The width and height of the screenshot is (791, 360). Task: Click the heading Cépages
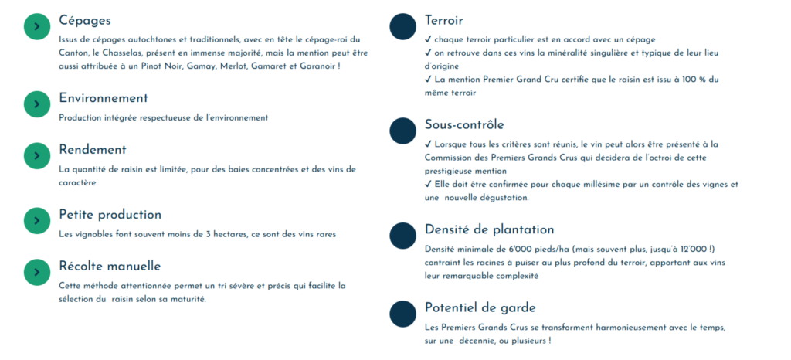(85, 20)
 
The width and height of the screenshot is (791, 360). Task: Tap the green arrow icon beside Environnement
(36, 104)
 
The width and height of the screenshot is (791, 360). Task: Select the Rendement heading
(93, 149)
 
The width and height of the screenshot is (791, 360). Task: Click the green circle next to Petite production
(36, 220)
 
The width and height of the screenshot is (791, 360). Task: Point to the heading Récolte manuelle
(110, 266)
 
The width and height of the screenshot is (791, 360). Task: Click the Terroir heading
(444, 20)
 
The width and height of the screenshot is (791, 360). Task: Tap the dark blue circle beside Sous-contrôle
(402, 131)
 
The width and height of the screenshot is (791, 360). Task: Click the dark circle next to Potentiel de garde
(402, 313)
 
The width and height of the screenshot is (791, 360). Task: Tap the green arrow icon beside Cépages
(36, 26)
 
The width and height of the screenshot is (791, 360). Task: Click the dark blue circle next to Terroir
(402, 26)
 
